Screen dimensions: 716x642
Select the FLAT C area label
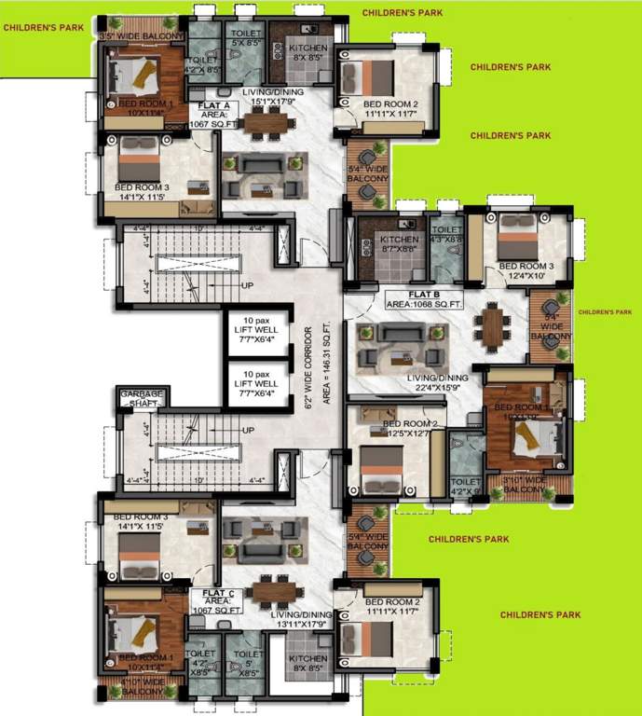pyautogui.click(x=216, y=599)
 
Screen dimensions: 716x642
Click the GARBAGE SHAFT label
pyautogui.click(x=142, y=398)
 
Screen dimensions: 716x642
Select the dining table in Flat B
pyautogui.click(x=490, y=326)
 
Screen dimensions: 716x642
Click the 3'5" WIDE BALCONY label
pyautogui.click(x=142, y=36)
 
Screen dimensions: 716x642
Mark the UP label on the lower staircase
pyautogui.click(x=247, y=430)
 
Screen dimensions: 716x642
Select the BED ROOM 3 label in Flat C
pyautogui.click(x=142, y=521)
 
